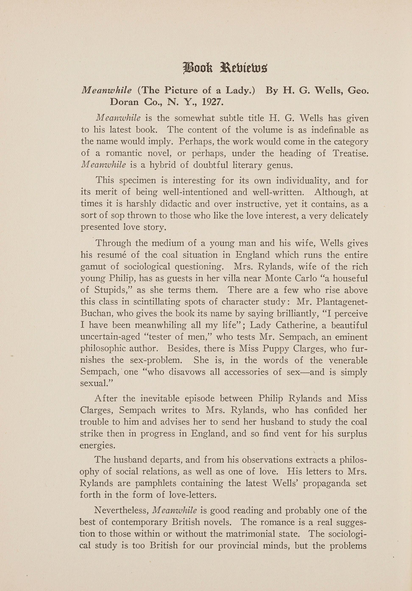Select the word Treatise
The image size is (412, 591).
pyautogui.click(x=350, y=153)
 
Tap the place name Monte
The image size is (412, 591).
pyautogui.click(x=279, y=278)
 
